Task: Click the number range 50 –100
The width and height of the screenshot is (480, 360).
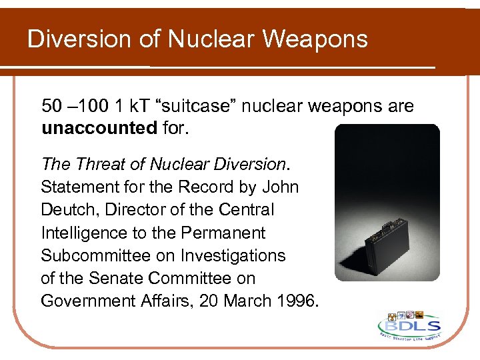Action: [71, 106]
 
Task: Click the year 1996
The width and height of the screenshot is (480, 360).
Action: [293, 301]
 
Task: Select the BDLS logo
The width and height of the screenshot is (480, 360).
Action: [408, 326]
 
